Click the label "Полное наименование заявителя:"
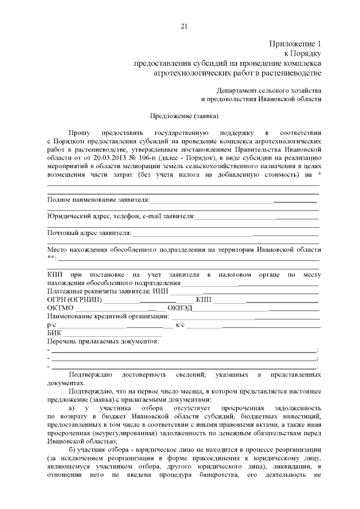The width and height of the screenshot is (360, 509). (x=98, y=200)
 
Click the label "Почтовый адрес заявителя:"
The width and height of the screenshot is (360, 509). (x=89, y=232)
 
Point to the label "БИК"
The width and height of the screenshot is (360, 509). (x=55, y=333)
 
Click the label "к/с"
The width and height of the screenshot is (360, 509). (x=181, y=325)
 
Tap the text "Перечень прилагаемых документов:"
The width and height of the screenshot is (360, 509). (x=103, y=341)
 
